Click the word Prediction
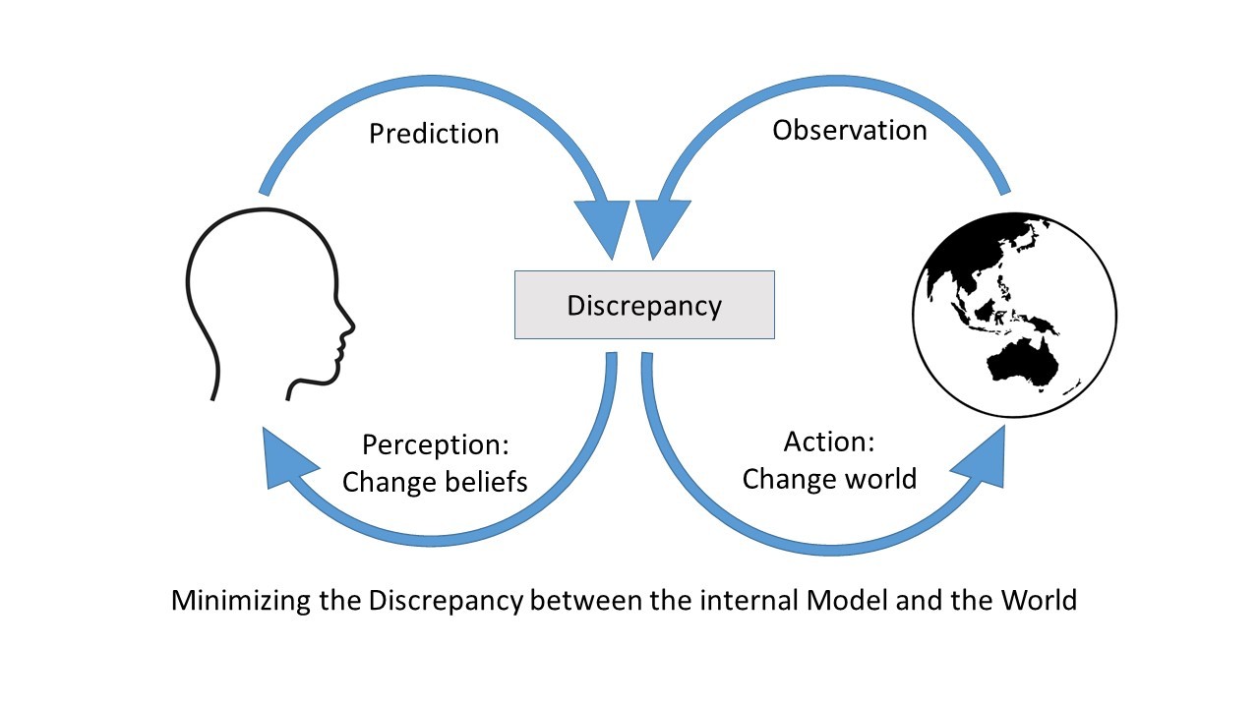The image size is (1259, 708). point(434,134)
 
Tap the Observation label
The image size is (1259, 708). point(849,131)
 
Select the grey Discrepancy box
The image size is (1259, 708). point(644,305)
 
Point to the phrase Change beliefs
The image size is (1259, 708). point(434,482)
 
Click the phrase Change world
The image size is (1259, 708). point(829,479)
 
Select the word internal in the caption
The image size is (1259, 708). point(750,600)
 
